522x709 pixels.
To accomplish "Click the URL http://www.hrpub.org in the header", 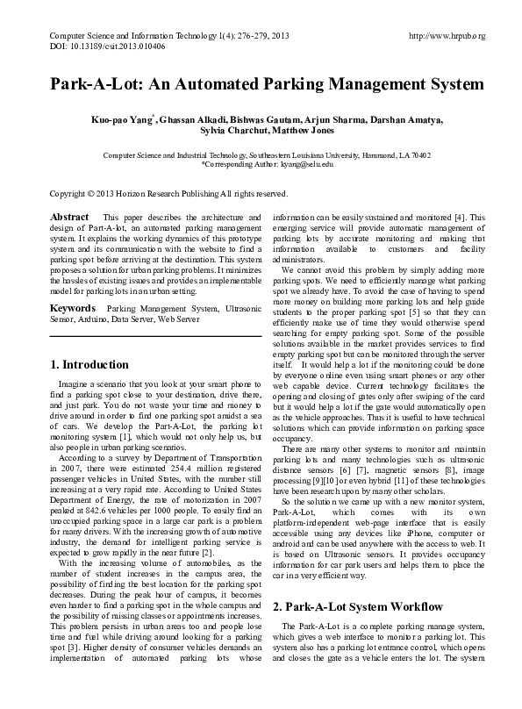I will tap(447, 35).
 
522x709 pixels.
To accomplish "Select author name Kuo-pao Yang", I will tap(127, 118).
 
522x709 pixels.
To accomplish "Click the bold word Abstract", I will tap(69, 216).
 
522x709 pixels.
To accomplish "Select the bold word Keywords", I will tap(72, 308).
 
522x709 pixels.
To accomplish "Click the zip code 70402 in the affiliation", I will tap(419, 154).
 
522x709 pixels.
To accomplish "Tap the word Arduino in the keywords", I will tap(82, 319).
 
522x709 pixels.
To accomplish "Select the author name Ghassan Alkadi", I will tap(189, 118).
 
